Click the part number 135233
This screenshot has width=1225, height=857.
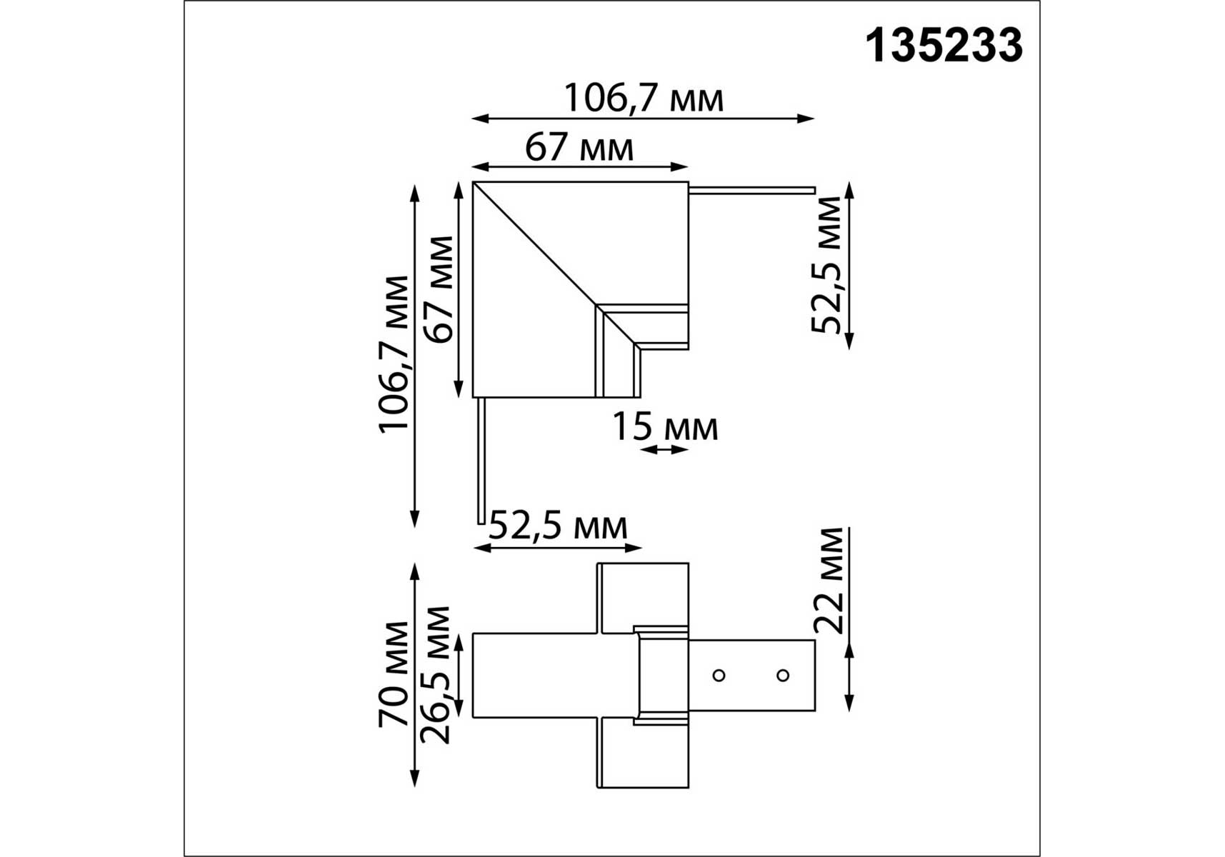(x=944, y=46)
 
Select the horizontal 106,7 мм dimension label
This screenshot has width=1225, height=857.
(x=644, y=99)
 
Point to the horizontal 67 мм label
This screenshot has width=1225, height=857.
(x=579, y=149)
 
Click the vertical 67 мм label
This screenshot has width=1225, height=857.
(x=438, y=289)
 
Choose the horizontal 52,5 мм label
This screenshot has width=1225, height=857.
(x=558, y=527)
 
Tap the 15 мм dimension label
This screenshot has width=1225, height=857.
(x=665, y=428)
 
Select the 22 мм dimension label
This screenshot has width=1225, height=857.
(x=829, y=581)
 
